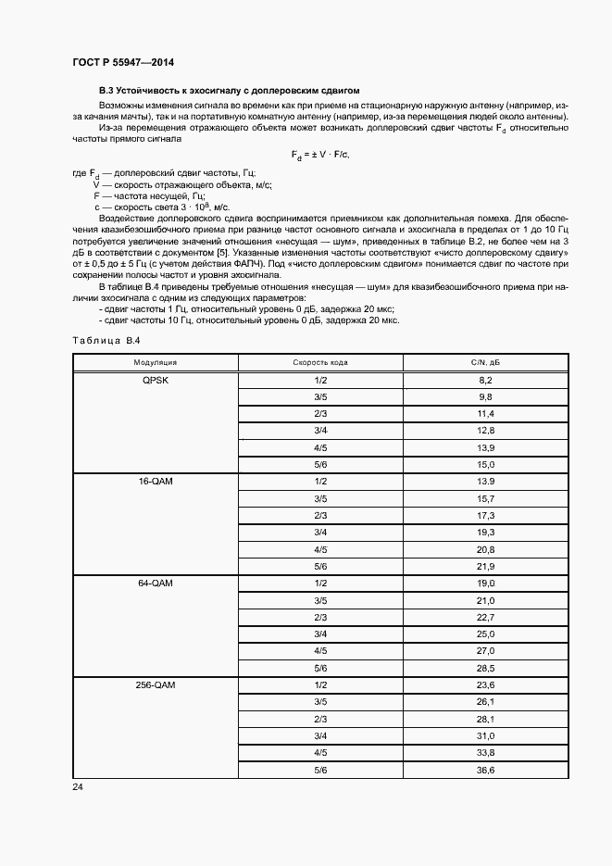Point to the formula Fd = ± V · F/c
(x=326, y=155)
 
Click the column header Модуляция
(x=155, y=363)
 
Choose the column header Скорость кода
(x=320, y=363)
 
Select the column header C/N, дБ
(x=485, y=363)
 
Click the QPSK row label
(x=155, y=380)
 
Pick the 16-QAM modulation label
(x=155, y=482)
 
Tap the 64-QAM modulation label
(x=155, y=583)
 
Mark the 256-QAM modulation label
(x=155, y=684)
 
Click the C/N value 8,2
(x=485, y=380)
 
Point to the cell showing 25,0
(x=485, y=634)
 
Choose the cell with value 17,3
(x=485, y=515)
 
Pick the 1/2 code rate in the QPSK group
(x=320, y=380)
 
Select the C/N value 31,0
(x=485, y=735)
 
